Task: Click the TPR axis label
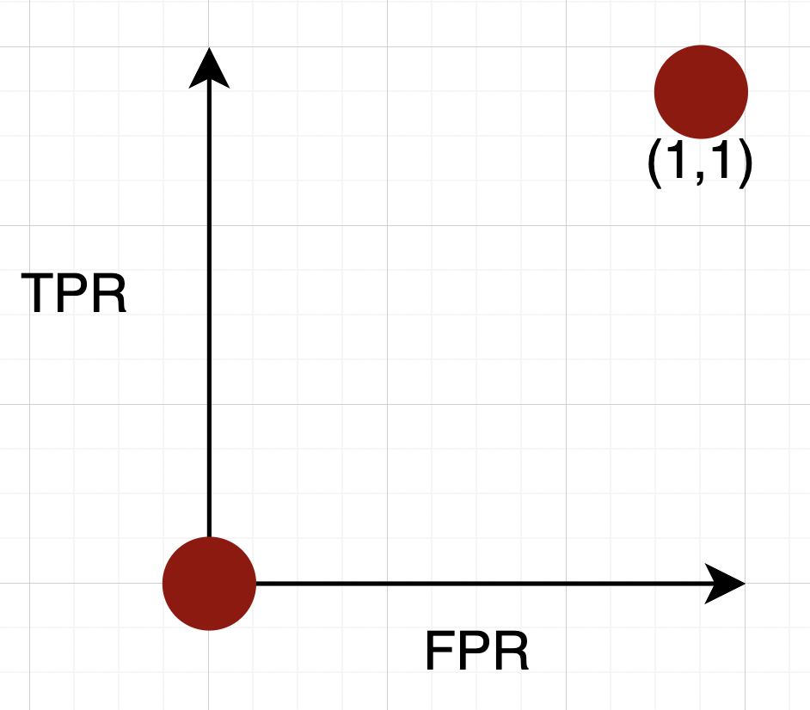pyautogui.click(x=74, y=294)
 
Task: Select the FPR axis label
pyautogui.click(x=476, y=653)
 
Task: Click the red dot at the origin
pyautogui.click(x=209, y=584)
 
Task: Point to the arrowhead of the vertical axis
pyautogui.click(x=209, y=69)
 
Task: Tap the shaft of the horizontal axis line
pyautogui.click(x=473, y=584)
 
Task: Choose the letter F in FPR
pyautogui.click(x=440, y=653)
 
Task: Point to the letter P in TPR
pyautogui.click(x=74, y=294)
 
